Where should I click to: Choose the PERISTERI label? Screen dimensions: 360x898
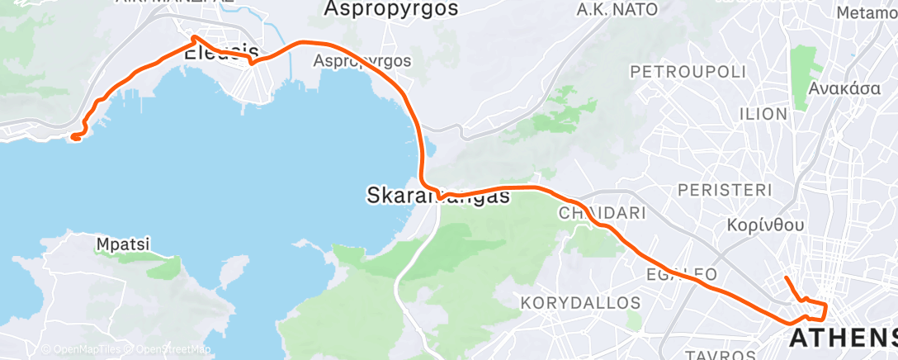click(x=724, y=189)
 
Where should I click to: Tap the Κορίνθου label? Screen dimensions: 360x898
click(x=767, y=224)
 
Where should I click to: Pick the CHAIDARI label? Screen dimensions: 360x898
click(x=602, y=213)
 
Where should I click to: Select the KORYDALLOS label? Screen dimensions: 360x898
click(x=580, y=302)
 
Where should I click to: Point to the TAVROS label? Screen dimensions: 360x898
click(x=707, y=353)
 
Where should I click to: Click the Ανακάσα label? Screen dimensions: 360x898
click(x=844, y=89)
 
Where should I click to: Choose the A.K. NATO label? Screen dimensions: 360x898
click(x=617, y=10)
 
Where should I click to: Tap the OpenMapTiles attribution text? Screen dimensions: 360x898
click(x=80, y=349)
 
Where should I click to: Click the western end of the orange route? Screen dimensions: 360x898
click(x=74, y=137)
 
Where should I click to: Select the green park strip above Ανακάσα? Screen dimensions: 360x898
click(x=800, y=74)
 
